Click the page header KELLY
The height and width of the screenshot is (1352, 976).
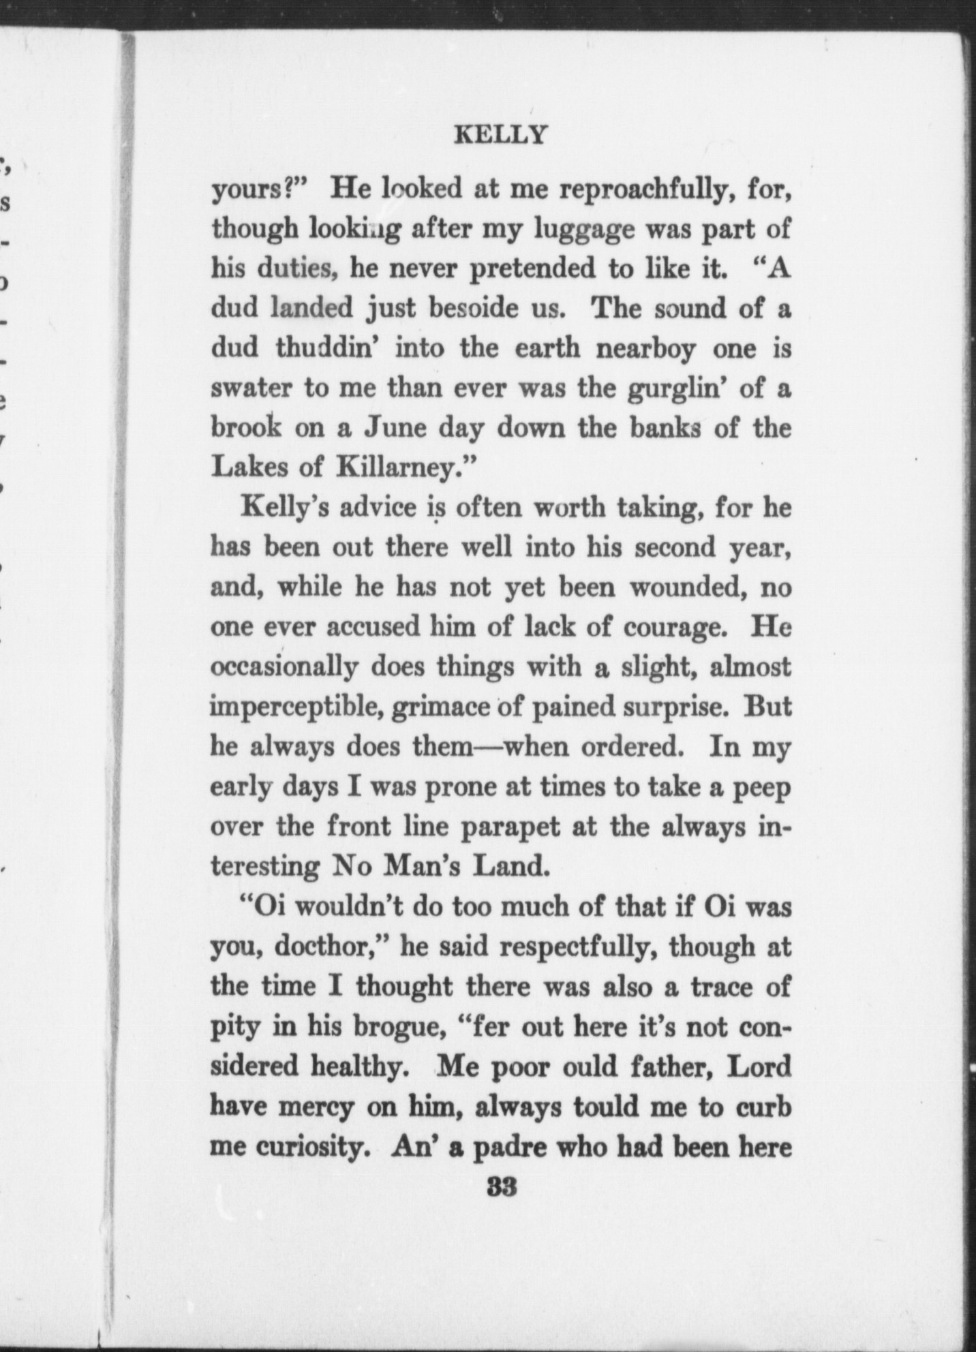500,136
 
